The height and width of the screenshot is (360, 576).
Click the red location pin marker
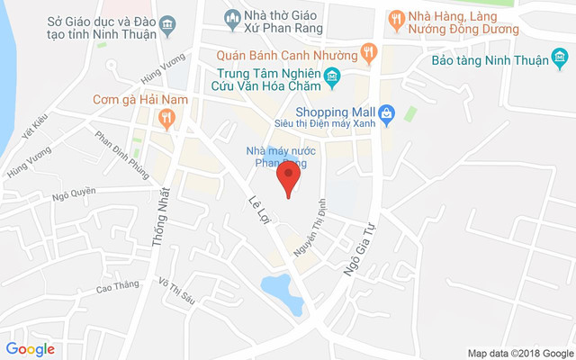288,176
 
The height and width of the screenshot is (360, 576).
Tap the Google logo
30,349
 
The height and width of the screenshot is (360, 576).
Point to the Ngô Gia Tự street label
356,244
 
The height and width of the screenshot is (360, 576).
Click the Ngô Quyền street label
74,192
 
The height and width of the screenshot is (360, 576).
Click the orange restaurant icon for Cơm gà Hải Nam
165,117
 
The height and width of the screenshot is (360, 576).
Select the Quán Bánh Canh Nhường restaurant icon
368,54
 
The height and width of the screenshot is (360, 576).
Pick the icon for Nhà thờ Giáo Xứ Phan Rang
232,17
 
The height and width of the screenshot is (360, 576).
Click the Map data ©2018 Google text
520,353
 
